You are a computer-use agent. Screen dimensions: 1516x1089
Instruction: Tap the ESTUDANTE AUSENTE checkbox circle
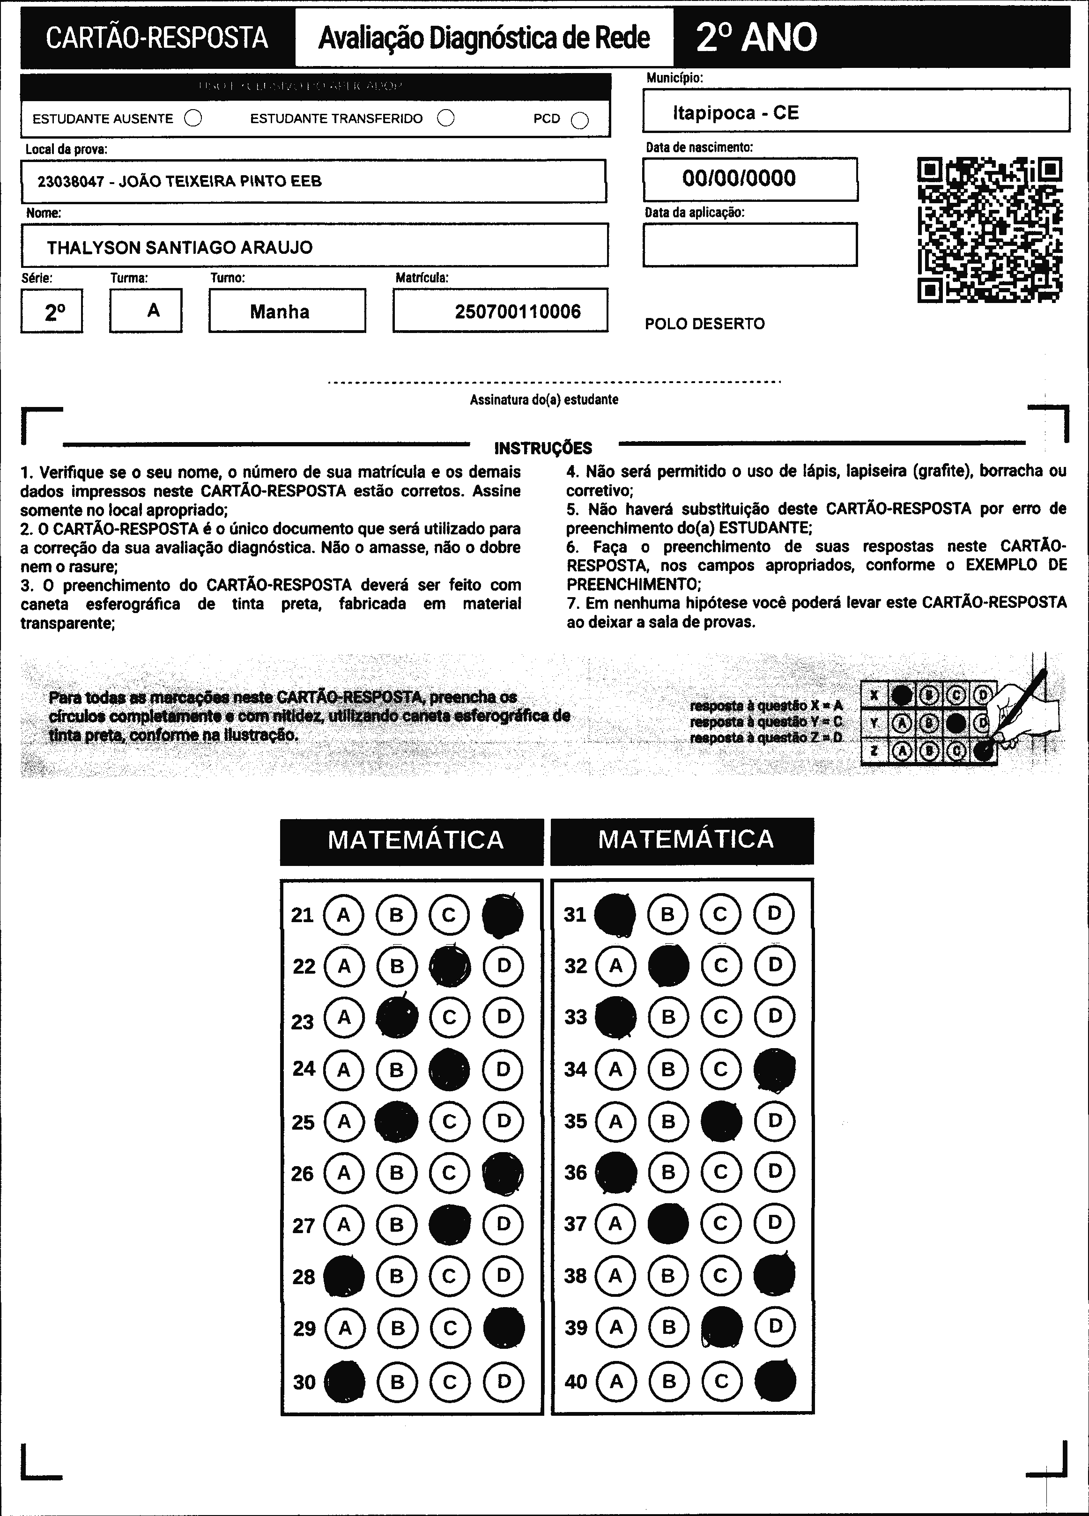point(193,118)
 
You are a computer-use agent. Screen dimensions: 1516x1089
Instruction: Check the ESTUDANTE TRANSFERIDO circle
point(446,118)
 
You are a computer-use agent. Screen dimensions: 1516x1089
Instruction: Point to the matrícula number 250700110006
point(518,311)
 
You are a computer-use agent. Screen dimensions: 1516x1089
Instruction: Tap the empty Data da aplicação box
point(749,244)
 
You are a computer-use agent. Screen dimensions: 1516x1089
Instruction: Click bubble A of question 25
point(344,1121)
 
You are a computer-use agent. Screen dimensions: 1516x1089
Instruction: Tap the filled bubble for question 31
point(615,914)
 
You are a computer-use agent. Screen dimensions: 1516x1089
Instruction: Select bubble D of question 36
point(774,1171)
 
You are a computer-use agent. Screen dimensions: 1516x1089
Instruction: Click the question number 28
point(304,1277)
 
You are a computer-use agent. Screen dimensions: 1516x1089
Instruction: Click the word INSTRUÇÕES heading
point(543,448)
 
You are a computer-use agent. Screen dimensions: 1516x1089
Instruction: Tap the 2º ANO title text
point(756,37)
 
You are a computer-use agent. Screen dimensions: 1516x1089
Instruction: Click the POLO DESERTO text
point(704,324)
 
